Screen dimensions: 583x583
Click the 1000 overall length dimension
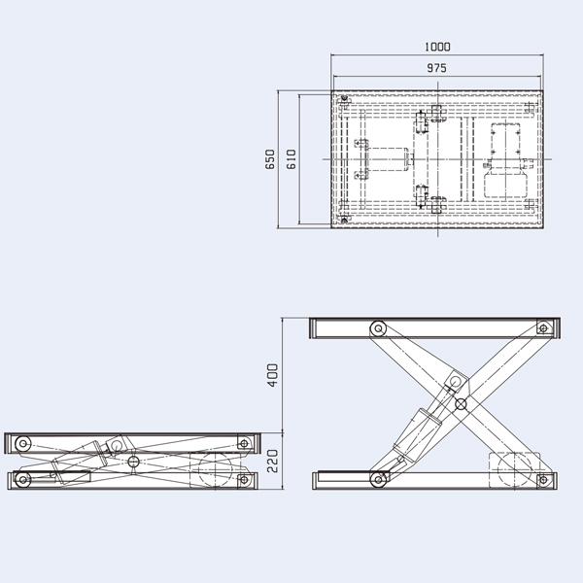point(437,47)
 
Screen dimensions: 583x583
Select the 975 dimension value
point(437,69)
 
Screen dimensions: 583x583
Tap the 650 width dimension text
point(270,159)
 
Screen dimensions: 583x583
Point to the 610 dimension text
point(290,159)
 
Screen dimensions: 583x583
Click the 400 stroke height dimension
point(272,374)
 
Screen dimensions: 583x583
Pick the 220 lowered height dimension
point(272,459)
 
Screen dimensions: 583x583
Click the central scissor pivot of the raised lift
point(460,403)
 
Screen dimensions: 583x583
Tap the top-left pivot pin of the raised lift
point(376,328)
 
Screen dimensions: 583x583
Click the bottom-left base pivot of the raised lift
point(376,478)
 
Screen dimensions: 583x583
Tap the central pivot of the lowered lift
point(133,460)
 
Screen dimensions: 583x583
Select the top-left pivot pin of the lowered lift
point(23,443)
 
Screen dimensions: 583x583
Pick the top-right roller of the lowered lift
point(243,443)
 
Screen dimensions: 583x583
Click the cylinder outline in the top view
point(389,157)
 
